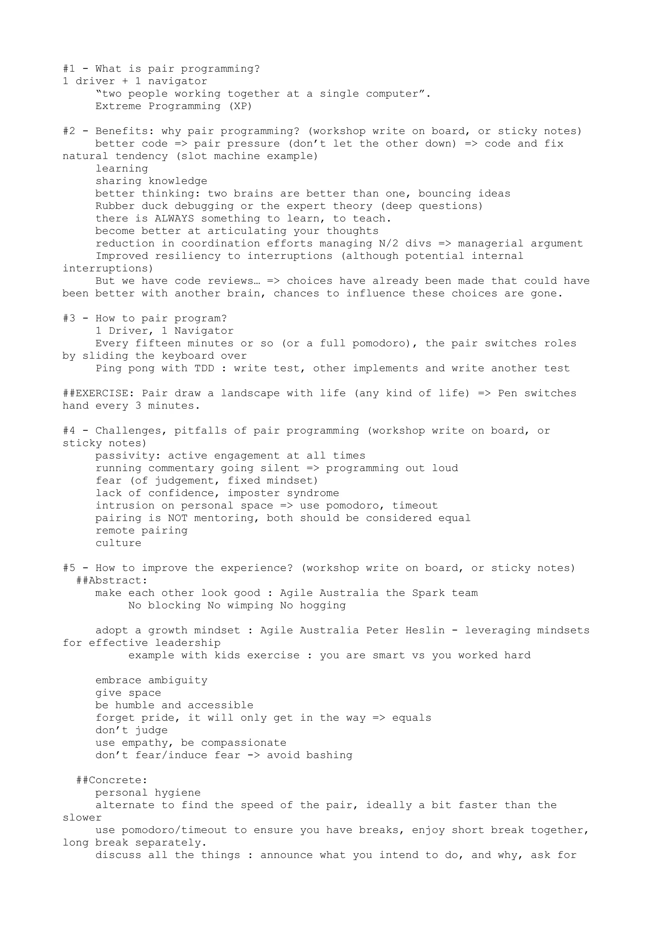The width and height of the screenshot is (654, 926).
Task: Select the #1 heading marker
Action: (69, 69)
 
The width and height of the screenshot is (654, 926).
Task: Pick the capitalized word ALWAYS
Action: (174, 219)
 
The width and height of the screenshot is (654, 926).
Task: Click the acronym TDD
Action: (204, 369)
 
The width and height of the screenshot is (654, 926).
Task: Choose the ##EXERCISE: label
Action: (95, 394)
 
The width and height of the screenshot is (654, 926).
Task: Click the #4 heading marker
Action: (69, 431)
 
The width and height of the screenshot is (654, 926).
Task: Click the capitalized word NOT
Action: (177, 519)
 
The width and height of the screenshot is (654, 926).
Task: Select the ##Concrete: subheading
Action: (112, 781)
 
